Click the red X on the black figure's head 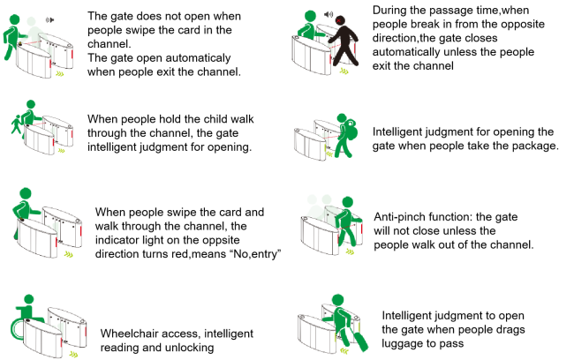tap(339, 20)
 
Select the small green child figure tap(16, 124)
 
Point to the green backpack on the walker tap(349, 130)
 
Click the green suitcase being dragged tap(360, 341)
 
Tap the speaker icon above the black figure tap(329, 14)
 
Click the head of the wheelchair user tap(28, 300)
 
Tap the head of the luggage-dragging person tap(337, 300)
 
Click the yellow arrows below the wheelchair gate tap(73, 354)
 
